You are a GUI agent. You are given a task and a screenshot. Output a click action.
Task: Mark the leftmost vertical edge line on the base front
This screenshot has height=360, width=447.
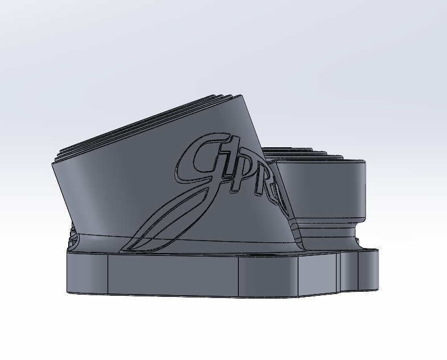[108, 276]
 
